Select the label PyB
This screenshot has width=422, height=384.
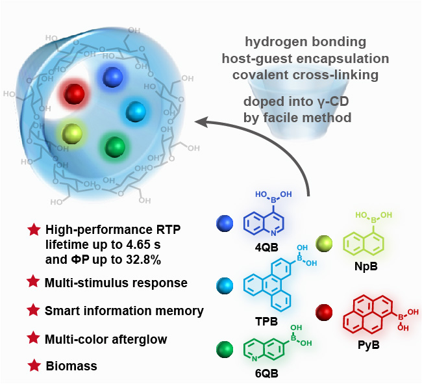[368, 344]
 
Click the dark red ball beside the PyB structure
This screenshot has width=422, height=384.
[323, 313]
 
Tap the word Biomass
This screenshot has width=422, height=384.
[71, 366]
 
